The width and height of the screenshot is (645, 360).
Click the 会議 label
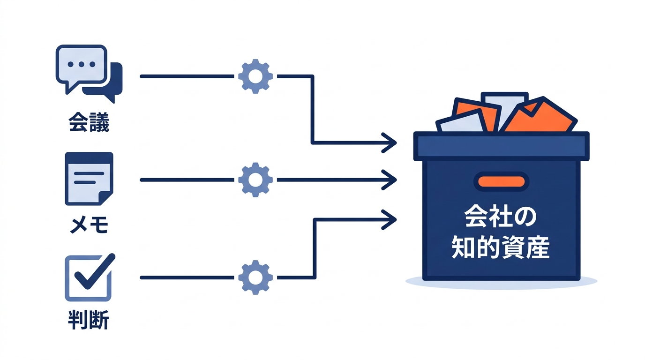click(x=89, y=122)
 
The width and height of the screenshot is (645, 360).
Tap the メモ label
click(x=89, y=225)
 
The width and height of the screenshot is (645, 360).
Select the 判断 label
click(x=89, y=320)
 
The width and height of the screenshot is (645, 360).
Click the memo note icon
click(x=89, y=179)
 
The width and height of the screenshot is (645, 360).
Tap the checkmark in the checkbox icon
click(x=95, y=271)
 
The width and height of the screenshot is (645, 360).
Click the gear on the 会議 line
click(x=255, y=76)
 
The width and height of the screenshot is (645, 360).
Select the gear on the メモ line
click(x=255, y=180)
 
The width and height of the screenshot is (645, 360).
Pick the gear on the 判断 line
click(x=255, y=277)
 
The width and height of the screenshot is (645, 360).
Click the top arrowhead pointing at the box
click(x=390, y=142)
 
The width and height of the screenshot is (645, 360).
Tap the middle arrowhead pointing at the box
click(x=390, y=180)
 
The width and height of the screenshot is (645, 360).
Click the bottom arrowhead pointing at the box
click(x=390, y=220)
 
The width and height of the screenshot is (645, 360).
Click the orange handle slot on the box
click(x=501, y=182)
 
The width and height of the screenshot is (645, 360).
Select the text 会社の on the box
click(x=501, y=217)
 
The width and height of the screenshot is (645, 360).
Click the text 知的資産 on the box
click(x=501, y=247)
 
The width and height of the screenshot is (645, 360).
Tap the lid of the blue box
click(x=501, y=146)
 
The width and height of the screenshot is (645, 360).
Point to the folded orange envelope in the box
click(x=540, y=117)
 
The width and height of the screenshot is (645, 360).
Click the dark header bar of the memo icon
click(x=89, y=158)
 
